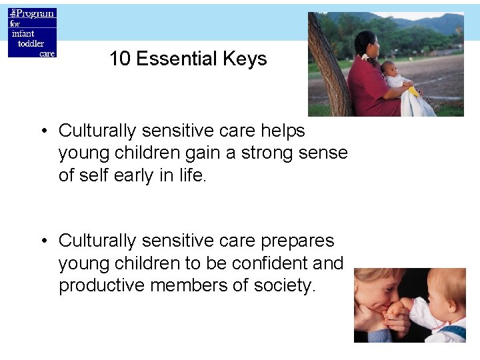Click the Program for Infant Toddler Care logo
(x=32, y=33)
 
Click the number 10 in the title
(x=120, y=59)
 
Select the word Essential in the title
(x=179, y=59)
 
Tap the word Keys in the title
(x=247, y=59)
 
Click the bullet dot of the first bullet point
(x=42, y=131)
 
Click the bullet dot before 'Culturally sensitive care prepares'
(x=42, y=241)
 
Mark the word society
(x=283, y=285)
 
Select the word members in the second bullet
(x=191, y=285)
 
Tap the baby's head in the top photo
(x=388, y=69)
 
